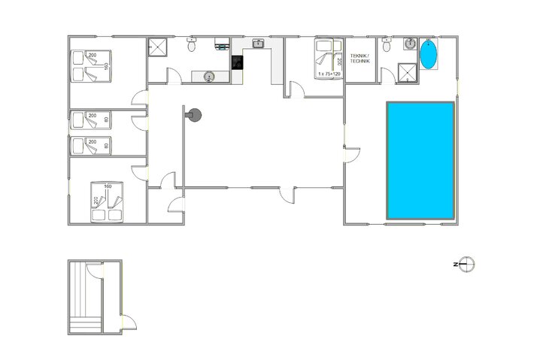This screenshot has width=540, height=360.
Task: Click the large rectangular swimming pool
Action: (420, 160)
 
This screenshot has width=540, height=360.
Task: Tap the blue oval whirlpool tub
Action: (428, 55)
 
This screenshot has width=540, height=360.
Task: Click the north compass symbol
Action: (466, 264)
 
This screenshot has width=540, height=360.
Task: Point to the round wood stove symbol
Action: (195, 115)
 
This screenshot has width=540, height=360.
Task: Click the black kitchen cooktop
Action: (238, 62)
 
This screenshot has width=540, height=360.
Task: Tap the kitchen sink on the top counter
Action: (258, 44)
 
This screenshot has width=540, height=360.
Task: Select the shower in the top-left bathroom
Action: (156, 47)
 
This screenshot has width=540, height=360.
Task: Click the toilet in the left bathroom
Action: (193, 46)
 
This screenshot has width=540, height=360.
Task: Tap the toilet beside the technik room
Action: (386, 46)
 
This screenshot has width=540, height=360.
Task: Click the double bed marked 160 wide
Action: (107, 201)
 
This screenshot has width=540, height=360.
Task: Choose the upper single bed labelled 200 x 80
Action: (89, 119)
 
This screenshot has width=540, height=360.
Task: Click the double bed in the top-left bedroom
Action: (90, 65)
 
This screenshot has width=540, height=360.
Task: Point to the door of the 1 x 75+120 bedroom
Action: (296, 92)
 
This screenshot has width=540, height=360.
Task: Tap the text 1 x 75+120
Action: (329, 74)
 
